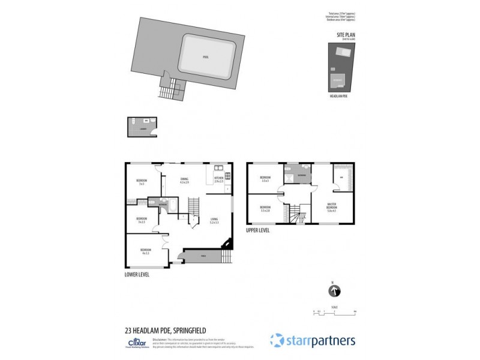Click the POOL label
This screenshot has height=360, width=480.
click(205, 57)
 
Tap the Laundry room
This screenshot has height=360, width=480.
click(143, 128)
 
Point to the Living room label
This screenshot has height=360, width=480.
click(214, 220)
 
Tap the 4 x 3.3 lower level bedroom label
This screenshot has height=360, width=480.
click(145, 251)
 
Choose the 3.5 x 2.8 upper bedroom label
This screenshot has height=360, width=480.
click(265, 209)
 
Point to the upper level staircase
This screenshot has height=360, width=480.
click(295, 215)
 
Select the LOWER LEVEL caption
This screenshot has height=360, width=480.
click(137, 274)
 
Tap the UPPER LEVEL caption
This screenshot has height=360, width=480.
click(258, 230)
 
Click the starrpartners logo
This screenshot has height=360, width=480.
click(313, 340)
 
